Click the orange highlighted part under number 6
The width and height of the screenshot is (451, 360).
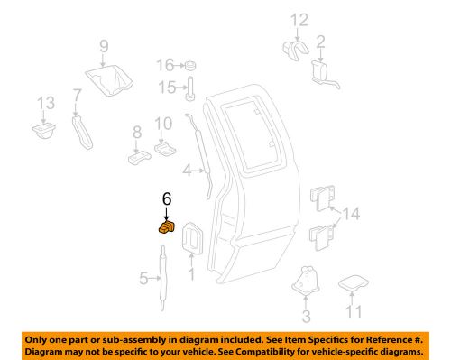pos(166,228)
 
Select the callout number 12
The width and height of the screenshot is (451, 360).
pos(299,20)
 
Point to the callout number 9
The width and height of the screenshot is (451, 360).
pos(103,46)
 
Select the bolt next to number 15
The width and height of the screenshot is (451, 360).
pos(191,87)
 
